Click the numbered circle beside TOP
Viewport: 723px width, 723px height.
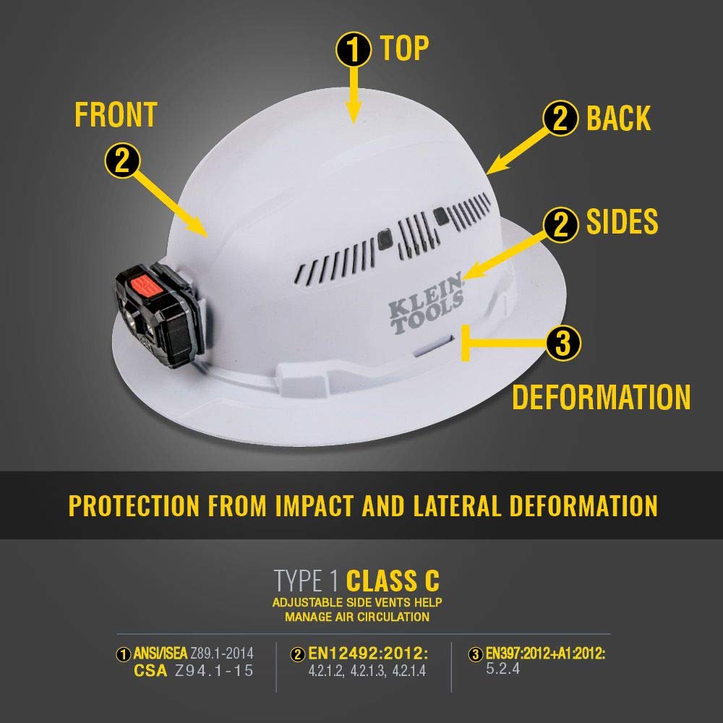(x=353, y=48)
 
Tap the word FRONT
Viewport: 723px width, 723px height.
(x=116, y=115)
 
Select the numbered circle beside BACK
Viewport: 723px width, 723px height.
(x=560, y=119)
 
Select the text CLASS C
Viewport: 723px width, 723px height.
(x=393, y=581)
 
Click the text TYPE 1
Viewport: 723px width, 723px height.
(x=305, y=581)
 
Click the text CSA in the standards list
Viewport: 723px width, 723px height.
(x=151, y=670)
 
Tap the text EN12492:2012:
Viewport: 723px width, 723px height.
(x=368, y=654)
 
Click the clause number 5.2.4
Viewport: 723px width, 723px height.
(x=503, y=669)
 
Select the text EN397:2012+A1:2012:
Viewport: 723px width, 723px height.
(x=545, y=654)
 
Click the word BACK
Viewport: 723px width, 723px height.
(x=619, y=119)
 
